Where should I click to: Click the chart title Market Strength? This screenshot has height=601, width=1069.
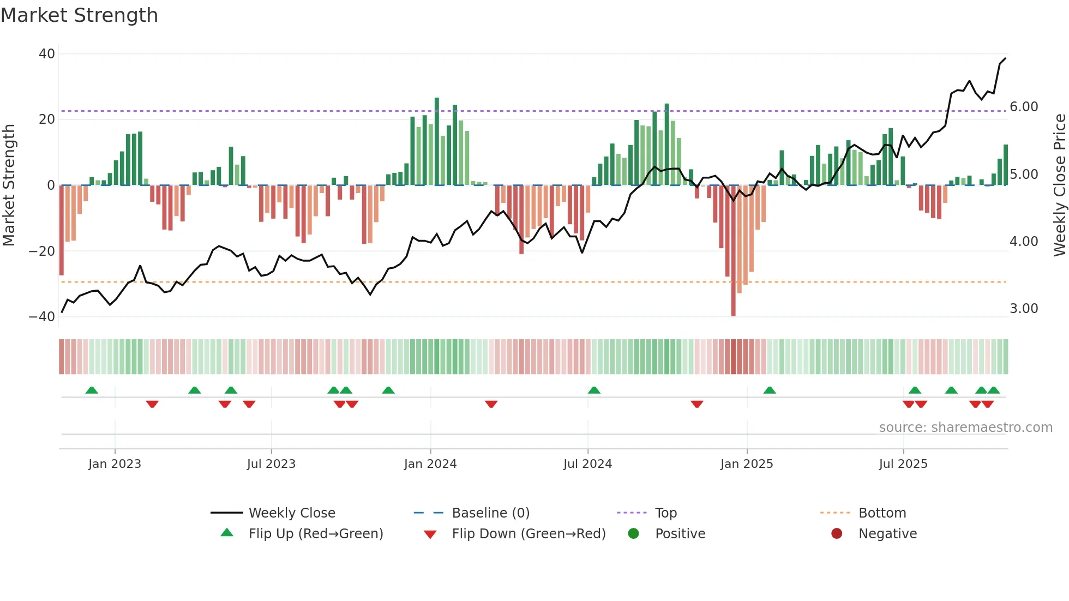point(79,15)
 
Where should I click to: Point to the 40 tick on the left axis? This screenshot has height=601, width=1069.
point(47,54)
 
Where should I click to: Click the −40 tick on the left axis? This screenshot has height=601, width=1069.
point(42,317)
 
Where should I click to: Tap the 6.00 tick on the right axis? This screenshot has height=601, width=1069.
point(1024,107)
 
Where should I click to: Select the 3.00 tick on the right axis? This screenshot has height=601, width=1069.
point(1024,309)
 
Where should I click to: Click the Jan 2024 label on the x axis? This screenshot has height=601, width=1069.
point(430,464)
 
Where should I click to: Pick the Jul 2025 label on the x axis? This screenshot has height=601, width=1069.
point(903,464)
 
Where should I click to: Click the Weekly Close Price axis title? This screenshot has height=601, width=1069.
point(1059,185)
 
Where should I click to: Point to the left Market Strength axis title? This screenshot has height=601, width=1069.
point(9,185)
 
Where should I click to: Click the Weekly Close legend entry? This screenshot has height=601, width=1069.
point(292,513)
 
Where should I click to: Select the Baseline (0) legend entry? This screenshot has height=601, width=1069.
point(490,513)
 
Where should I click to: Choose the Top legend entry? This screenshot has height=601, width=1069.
point(665,513)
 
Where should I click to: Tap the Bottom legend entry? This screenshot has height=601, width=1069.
point(882,513)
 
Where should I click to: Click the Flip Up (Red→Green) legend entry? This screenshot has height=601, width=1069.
point(315,534)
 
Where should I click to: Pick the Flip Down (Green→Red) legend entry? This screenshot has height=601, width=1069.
point(529,534)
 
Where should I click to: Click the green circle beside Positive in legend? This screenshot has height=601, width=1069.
point(633,534)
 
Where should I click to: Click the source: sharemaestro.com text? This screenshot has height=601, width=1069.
point(965,428)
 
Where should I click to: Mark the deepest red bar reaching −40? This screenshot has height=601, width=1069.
point(733,251)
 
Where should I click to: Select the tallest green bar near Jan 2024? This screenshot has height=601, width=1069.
point(437,142)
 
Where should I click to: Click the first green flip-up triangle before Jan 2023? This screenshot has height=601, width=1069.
point(92,390)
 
